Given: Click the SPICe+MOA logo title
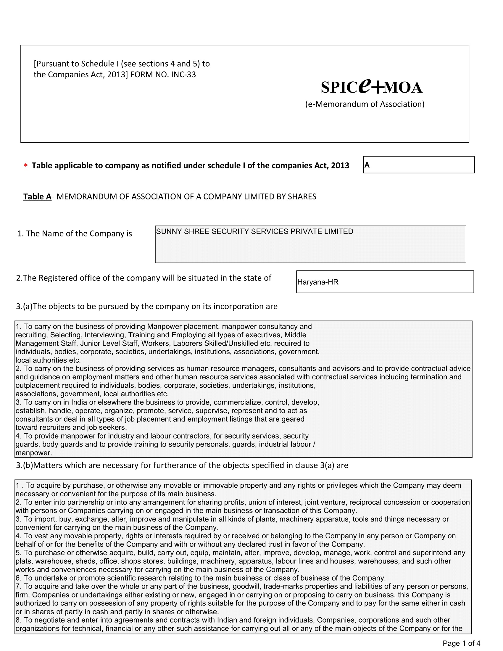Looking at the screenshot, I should pyautogui.click(x=371, y=87).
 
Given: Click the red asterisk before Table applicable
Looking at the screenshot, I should pyautogui.click(x=26, y=166).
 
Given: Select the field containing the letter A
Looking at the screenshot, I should pyautogui.click(x=418, y=165).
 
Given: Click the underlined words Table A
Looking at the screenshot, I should pyautogui.click(x=37, y=197).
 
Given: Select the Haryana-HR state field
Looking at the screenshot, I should pyautogui.click(x=384, y=282).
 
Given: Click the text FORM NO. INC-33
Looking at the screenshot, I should pyautogui.click(x=163, y=75).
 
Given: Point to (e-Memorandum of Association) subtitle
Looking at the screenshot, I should pyautogui.click(x=365, y=104).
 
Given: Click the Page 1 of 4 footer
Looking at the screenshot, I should pyautogui.click(x=461, y=643).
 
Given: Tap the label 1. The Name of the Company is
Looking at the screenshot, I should pyautogui.click(x=75, y=234).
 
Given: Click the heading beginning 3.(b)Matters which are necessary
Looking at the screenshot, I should pyautogui.click(x=182, y=465).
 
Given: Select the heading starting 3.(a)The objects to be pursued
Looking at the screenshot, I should pyautogui.click(x=146, y=307).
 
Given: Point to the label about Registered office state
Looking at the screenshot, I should pyautogui.click(x=144, y=278).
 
